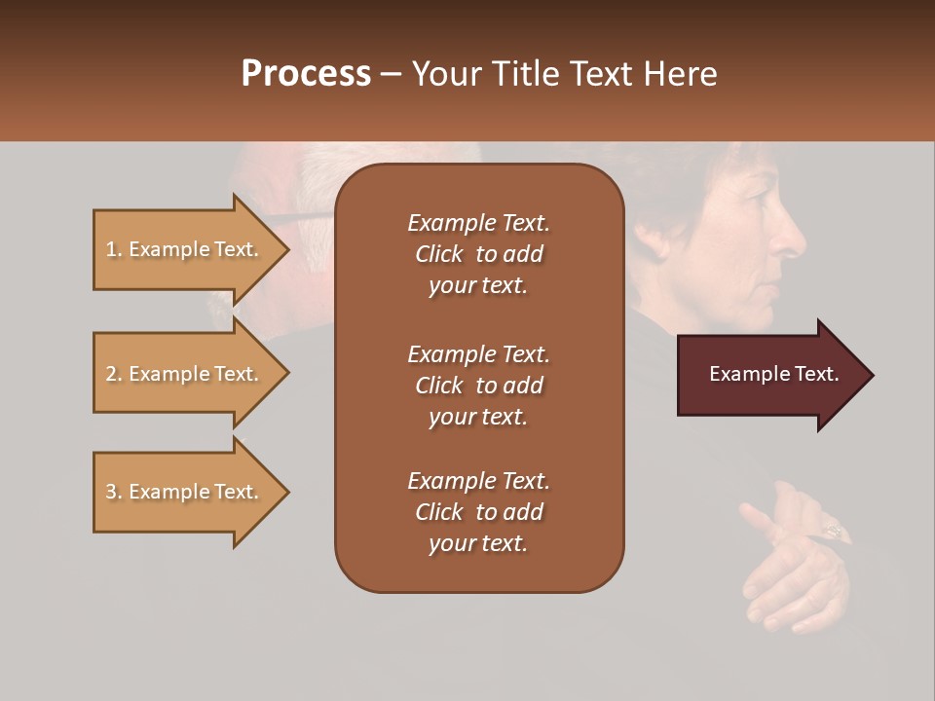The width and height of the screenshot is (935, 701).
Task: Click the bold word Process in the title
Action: pos(306,74)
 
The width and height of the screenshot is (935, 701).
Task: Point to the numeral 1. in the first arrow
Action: pos(114,249)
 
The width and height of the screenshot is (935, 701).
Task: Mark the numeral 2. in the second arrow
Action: pos(114,374)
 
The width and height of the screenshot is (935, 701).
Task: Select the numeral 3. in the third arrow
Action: pos(114,492)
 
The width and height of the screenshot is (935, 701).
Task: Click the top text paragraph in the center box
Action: pos(478,254)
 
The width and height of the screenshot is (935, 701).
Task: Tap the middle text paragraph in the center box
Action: pos(478,385)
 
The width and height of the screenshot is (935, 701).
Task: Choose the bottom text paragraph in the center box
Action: pos(478,512)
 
